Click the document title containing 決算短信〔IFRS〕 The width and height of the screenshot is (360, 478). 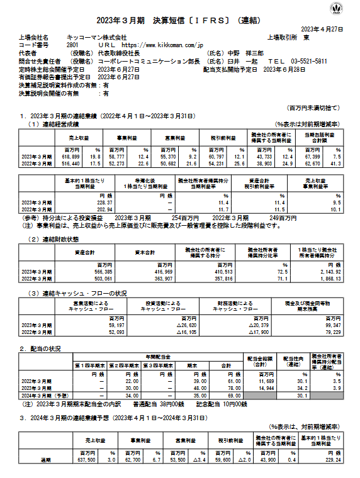click(x=179, y=19)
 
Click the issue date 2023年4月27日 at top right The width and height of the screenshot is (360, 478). click(x=322, y=30)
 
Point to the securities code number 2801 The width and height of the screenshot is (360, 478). click(x=72, y=45)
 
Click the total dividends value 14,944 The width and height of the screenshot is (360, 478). click(x=259, y=389)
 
